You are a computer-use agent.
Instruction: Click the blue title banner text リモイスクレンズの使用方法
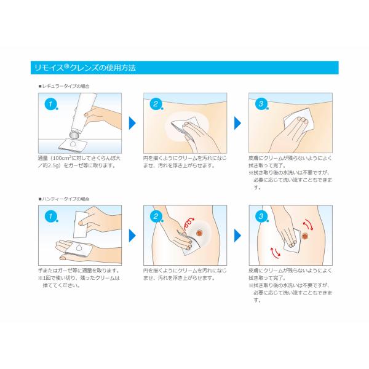[x=85, y=68]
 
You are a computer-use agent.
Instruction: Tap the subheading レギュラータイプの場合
[x=64, y=86]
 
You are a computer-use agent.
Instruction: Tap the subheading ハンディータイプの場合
[x=64, y=199]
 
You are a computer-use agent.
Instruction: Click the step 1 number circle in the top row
[x=50, y=104]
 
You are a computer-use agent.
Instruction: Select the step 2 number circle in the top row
[x=156, y=104]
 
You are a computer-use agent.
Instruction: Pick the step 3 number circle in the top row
[x=261, y=104]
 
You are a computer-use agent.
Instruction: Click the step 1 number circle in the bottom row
[x=50, y=216]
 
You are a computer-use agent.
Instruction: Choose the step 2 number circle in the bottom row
[x=156, y=216]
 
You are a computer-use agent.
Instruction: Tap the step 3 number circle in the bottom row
[x=261, y=216]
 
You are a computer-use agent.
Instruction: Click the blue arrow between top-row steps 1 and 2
[x=132, y=123]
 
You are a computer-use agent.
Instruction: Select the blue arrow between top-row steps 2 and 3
[x=237, y=123]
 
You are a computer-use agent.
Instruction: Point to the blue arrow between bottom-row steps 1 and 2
[x=132, y=236]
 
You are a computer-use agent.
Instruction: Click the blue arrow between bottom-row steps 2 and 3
[x=237, y=236]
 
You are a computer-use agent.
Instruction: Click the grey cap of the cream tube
[x=75, y=134]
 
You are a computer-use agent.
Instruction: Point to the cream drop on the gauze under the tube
[x=73, y=143]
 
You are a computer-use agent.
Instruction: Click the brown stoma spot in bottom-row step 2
[x=199, y=233]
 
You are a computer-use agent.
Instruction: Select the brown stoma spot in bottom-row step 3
[x=305, y=236]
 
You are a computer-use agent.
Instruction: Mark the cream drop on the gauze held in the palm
[x=78, y=247]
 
